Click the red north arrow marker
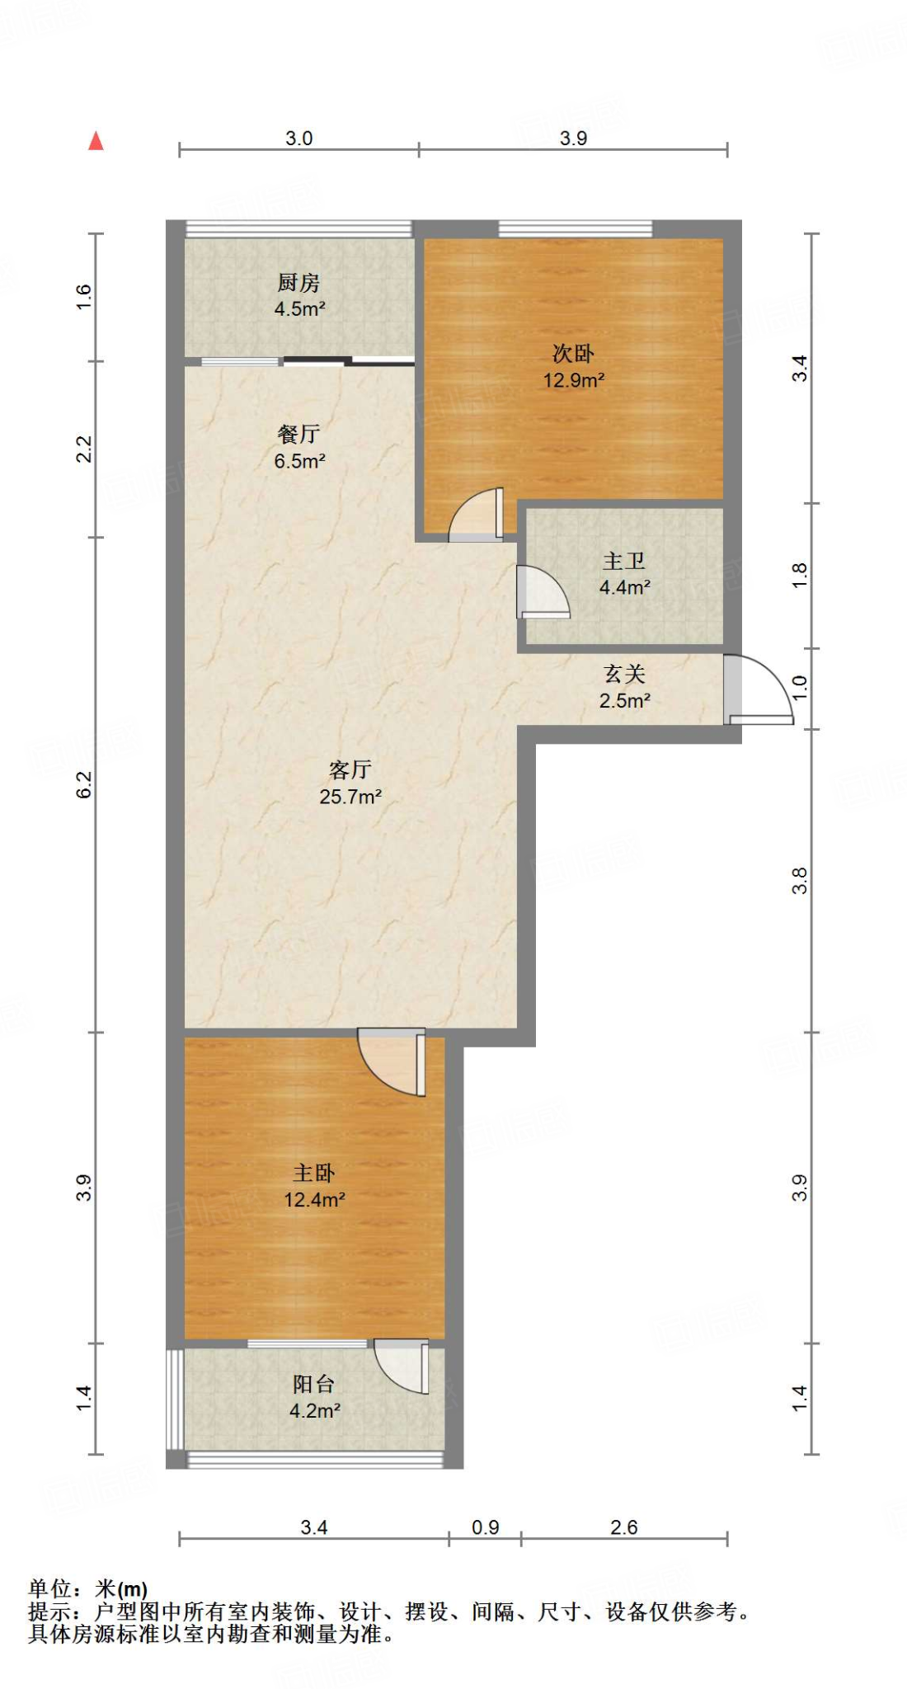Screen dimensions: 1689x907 pyautogui.click(x=96, y=142)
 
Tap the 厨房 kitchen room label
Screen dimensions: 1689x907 pyautogui.click(x=298, y=283)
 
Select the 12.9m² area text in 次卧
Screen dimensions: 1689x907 pyautogui.click(x=573, y=380)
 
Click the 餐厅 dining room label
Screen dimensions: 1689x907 pyautogui.click(x=298, y=434)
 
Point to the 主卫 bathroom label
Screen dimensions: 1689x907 pyautogui.click(x=623, y=561)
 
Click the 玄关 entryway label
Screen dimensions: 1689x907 pyautogui.click(x=624, y=674)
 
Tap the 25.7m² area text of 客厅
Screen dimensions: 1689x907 pyautogui.click(x=350, y=797)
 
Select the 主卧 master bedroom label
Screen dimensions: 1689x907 pyautogui.click(x=314, y=1173)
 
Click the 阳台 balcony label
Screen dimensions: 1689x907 pyautogui.click(x=314, y=1384)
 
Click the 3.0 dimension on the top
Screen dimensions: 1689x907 pyautogui.click(x=298, y=138)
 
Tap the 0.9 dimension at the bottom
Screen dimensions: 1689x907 pyautogui.click(x=486, y=1527)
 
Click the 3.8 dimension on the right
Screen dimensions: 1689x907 pyautogui.click(x=799, y=881)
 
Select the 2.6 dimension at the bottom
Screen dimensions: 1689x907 pyautogui.click(x=624, y=1527)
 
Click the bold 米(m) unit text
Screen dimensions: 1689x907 pyautogui.click(x=120, y=1589)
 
